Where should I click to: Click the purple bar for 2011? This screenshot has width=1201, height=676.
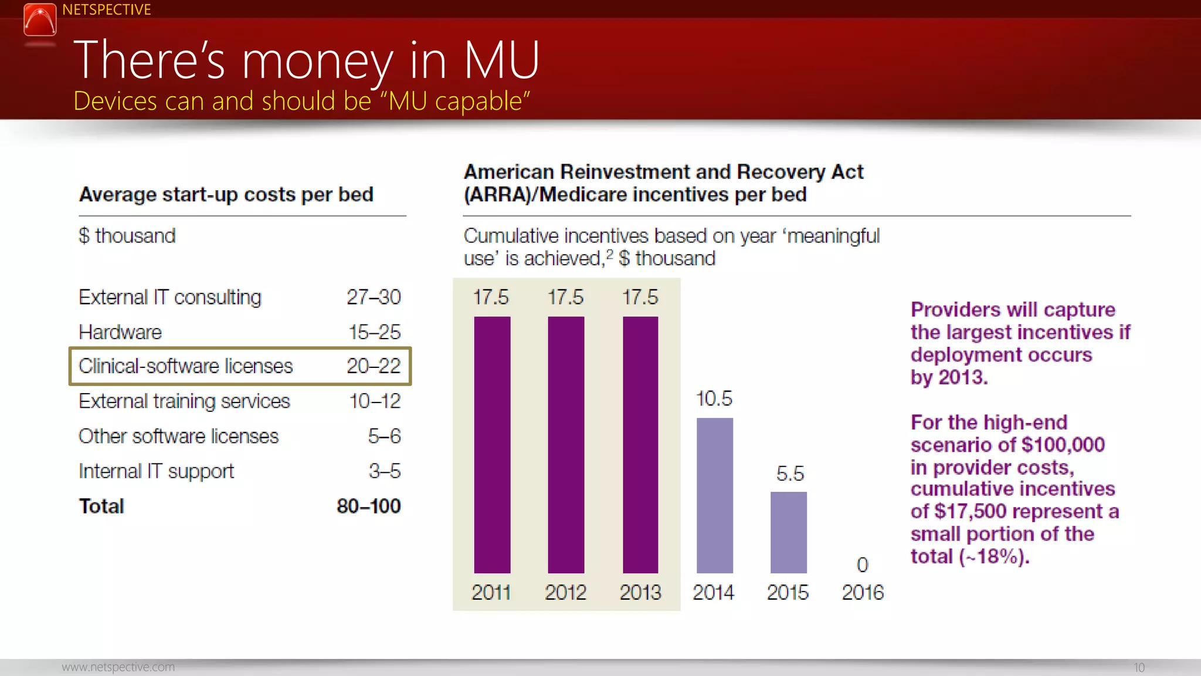point(492,445)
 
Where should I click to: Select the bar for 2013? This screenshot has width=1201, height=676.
point(640,445)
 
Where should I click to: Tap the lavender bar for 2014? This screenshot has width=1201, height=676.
point(714,495)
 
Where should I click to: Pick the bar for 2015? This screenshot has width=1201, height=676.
point(788,532)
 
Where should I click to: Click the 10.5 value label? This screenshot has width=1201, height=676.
point(714,399)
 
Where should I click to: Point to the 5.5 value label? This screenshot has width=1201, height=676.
point(789,474)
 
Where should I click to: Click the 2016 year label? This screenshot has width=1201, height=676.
point(862,593)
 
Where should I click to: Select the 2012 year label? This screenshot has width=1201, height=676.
point(565,593)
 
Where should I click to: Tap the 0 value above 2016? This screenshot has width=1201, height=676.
point(862,565)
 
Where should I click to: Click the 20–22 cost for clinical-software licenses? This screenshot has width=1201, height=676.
point(374,366)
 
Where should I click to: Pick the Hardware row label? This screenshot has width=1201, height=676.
point(120,332)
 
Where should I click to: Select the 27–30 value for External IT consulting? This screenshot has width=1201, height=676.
point(374,297)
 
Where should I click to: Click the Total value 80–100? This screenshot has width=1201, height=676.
point(368,506)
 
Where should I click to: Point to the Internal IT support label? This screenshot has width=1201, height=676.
point(156,471)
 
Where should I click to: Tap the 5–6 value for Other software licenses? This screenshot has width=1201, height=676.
point(384,436)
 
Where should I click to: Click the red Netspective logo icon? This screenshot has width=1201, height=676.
point(40,19)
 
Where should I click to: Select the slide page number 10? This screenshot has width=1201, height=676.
point(1139,668)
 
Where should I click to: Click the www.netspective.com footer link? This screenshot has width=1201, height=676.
point(118,667)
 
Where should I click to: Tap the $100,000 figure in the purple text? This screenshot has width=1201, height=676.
point(1063,445)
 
